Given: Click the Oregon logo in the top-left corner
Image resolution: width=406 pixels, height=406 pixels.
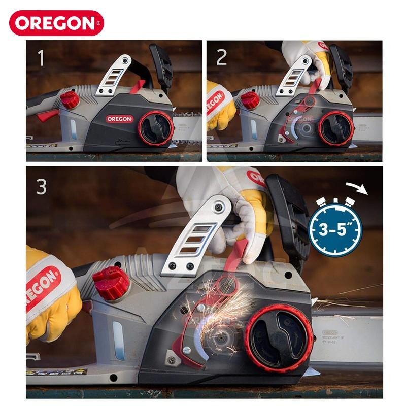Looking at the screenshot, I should (56, 23).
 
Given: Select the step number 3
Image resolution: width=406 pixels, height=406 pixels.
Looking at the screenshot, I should (42, 186).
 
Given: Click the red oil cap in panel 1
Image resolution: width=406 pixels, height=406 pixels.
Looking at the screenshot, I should (70, 99).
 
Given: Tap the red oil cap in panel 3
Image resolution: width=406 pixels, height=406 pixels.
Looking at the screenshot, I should (109, 282).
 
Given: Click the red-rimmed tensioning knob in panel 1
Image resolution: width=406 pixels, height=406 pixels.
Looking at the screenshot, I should (156, 128).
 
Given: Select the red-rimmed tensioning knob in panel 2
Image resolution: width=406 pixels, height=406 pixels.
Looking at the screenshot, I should (336, 128).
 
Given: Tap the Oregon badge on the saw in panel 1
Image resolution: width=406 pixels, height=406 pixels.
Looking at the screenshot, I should (120, 119).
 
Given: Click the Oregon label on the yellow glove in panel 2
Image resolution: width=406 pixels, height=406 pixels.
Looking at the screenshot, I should (215, 99).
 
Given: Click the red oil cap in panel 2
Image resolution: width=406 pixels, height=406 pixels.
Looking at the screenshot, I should (250, 99).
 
